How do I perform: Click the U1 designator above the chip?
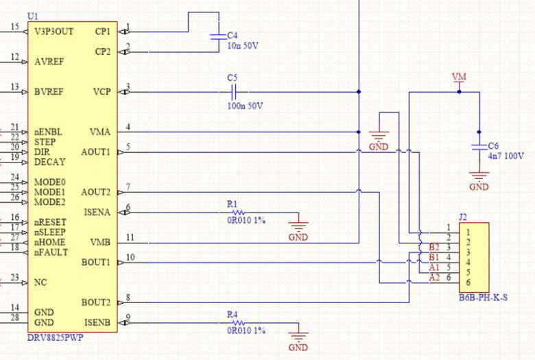(x=32, y=16)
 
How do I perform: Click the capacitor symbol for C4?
(x=217, y=34)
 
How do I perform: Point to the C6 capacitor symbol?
(x=479, y=147)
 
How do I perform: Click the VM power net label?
(x=459, y=76)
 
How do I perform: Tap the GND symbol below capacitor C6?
(x=479, y=180)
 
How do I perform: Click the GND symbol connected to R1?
(x=298, y=228)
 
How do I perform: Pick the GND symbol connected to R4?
(x=298, y=338)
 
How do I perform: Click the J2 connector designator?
(x=463, y=217)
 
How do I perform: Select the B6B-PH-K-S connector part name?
(x=483, y=298)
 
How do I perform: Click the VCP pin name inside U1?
(x=101, y=91)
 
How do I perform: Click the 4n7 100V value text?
(x=506, y=156)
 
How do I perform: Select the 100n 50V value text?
(x=245, y=106)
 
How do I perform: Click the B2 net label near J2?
(x=433, y=248)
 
